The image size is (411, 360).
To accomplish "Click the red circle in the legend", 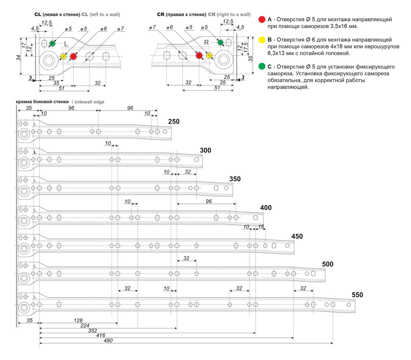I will tap(262, 20).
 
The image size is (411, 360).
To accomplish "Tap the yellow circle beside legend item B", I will tap(262, 40).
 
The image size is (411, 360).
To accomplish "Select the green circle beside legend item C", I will tap(262, 66).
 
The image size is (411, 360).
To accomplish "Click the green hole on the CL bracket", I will tap(52, 43).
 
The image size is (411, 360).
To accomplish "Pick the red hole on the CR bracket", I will tap(199, 55).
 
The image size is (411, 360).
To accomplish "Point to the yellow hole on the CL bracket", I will tap(63, 56).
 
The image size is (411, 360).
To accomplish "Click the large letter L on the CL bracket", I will tap(66, 44).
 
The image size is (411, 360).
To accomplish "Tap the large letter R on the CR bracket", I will tap(206, 42).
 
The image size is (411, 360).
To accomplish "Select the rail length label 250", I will tap(174, 121).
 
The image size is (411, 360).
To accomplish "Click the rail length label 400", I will tap(266, 208).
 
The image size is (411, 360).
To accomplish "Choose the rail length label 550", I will tap(357, 295).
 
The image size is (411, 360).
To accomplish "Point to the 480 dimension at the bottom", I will tap(108, 340).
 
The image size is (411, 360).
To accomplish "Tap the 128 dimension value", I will tap(78, 320).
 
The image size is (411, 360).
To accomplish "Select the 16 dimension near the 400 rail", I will tap(261, 227).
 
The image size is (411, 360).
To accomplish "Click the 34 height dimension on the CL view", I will tap(18, 58).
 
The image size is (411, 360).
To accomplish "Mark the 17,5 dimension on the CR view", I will tap(246, 48).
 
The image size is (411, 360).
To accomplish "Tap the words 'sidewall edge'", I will tap(88, 102).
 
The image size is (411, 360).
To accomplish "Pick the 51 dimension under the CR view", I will tap(217, 88).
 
